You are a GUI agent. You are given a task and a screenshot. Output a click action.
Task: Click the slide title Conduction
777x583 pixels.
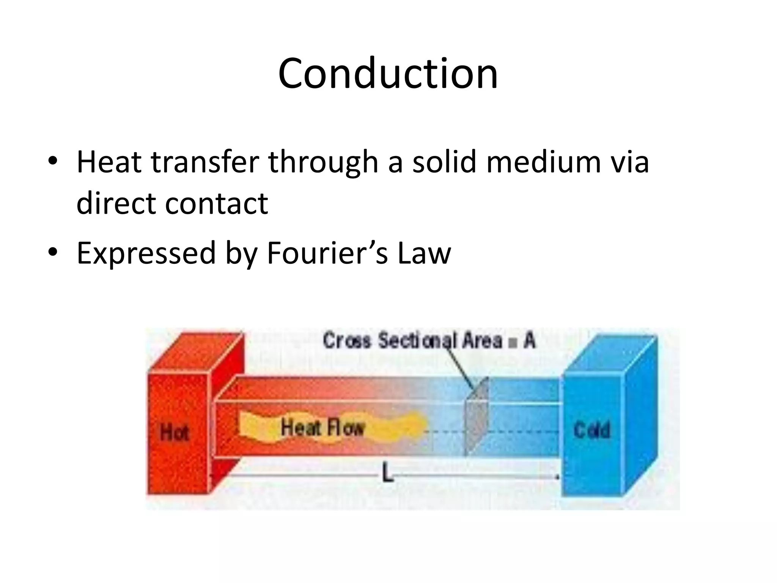click(x=388, y=74)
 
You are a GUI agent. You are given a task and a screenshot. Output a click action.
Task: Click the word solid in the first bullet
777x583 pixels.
click(x=444, y=162)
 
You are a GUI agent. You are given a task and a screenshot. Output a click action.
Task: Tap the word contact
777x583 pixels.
click(x=217, y=203)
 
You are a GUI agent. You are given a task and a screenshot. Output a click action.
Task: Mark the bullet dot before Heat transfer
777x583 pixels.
click(x=53, y=161)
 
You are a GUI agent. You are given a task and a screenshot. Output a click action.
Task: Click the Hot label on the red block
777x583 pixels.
click(x=174, y=432)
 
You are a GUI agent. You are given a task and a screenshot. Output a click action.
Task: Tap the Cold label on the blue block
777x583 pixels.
click(x=592, y=430)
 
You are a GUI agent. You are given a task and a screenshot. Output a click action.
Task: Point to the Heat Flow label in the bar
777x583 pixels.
click(x=322, y=428)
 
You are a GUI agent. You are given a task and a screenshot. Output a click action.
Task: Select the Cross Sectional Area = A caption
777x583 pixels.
click(x=429, y=340)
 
